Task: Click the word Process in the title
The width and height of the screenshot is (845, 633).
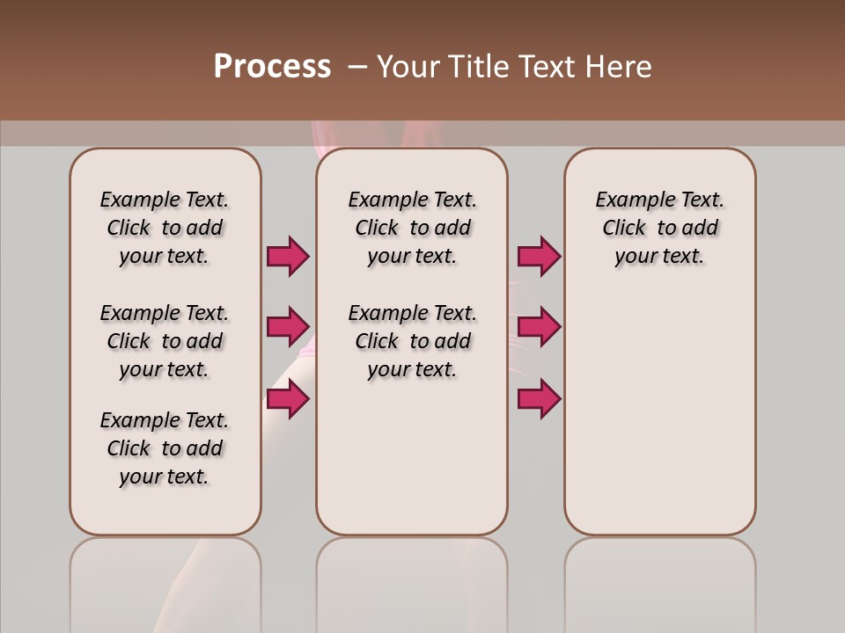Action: pos(272,67)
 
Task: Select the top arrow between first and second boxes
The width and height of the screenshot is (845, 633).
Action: pos(288,256)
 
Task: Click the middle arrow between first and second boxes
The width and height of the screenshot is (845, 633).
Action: pos(288,327)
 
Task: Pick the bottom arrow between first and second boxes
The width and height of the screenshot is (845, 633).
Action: pos(288,399)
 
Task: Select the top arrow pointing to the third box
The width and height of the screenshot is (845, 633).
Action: pos(539,256)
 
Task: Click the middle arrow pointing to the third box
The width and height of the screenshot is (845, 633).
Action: pos(539,327)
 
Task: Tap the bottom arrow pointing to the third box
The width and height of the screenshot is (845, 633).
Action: pos(539,399)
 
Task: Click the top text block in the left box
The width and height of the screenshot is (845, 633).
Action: pos(165,228)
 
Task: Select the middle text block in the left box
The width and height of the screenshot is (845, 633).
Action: pos(165,341)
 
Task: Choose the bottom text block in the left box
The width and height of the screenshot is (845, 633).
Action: pos(165,448)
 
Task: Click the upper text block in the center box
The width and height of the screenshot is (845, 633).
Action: pos(412,228)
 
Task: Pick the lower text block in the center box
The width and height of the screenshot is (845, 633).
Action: pos(412,341)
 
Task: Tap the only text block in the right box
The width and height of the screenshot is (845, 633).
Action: pos(659,228)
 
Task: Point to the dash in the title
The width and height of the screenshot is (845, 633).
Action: pos(357,67)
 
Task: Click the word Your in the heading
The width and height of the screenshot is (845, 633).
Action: pos(408,67)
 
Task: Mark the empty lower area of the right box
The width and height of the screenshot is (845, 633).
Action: pos(659,413)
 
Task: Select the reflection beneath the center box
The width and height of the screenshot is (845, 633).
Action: pos(412,580)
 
